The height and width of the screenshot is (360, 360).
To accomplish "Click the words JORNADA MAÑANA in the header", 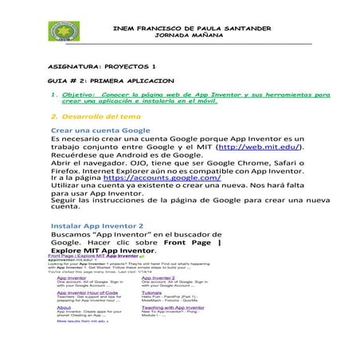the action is (x=192, y=36).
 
